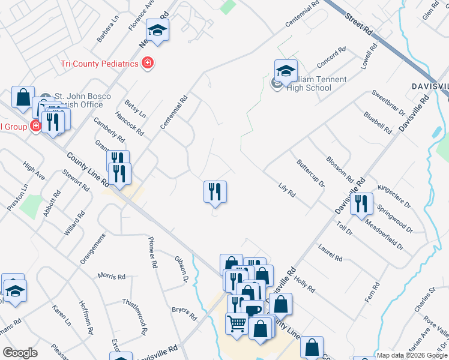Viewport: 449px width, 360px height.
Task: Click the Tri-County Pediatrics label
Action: pos(99,64)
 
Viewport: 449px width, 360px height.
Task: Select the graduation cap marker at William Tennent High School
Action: pos(286,71)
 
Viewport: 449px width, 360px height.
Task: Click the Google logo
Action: pos(20,353)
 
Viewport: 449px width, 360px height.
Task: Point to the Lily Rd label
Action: pos(287,190)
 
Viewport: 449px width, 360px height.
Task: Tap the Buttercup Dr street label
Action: pos(310,173)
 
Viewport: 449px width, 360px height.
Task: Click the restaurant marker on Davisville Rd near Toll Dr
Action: pos(361,203)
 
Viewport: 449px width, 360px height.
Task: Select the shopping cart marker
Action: pos(237,325)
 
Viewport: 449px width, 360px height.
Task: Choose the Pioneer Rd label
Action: pos(153,252)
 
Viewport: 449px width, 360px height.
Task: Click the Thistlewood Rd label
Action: pos(135,317)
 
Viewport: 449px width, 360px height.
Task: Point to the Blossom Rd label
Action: pos(339,168)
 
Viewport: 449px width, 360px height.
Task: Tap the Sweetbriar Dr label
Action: pos(388,102)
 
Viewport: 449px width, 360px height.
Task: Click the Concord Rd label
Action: pos(331,58)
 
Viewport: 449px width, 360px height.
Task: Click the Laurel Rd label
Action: pos(330,253)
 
